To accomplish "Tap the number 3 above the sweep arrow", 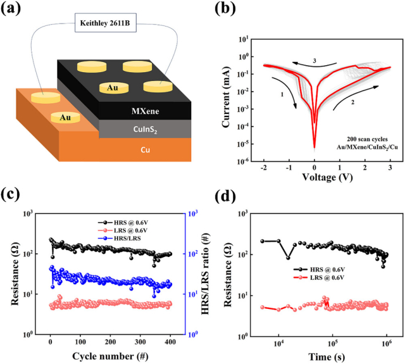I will (314, 61).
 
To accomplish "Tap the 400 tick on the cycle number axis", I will (171, 343).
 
